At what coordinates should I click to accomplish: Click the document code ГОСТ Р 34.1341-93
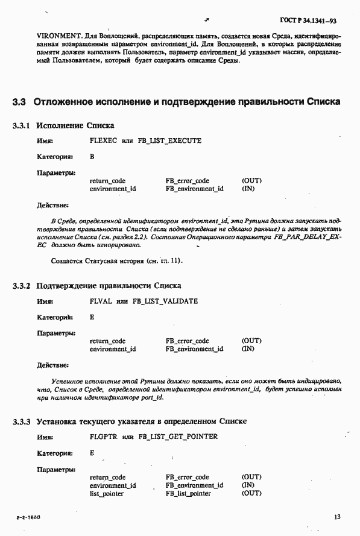tap(308, 21)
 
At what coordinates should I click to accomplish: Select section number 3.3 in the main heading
tap(19, 101)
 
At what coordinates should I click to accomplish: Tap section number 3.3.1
tap(21, 125)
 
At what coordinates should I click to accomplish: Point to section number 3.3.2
tap(21, 285)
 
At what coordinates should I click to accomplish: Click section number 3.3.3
tap(21, 421)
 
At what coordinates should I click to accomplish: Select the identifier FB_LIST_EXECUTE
tap(168, 141)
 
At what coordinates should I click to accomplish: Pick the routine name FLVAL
tap(101, 301)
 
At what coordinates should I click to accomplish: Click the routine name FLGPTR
tap(103, 437)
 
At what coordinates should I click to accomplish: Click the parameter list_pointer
tap(107, 493)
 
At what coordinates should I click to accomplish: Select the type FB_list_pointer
tap(188, 493)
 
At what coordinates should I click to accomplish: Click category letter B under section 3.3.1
tap(92, 157)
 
